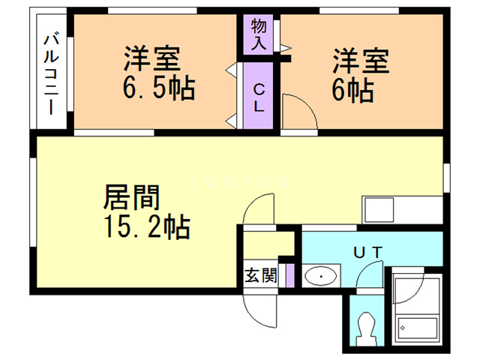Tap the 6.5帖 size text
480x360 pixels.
click(159, 88)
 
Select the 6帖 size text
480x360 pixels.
click(352, 90)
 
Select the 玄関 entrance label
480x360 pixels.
click(259, 275)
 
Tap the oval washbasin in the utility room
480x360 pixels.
click(322, 277)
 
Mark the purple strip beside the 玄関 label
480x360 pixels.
click(289, 275)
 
